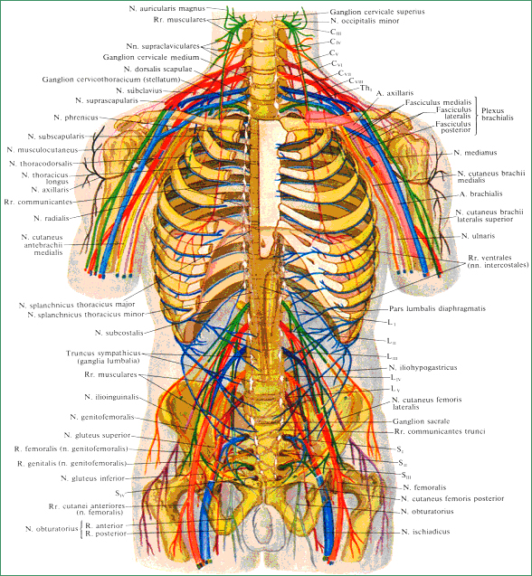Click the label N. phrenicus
pyautogui.click(x=76, y=118)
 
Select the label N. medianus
pyautogui.click(x=475, y=153)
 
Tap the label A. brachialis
pyautogui.click(x=481, y=194)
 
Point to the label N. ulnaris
pyautogui.click(x=478, y=236)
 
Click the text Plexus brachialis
pyautogui.click(x=497, y=114)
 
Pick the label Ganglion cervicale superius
pyautogui.click(x=377, y=12)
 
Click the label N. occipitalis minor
pyautogui.click(x=365, y=21)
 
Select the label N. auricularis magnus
pyautogui.click(x=166, y=8)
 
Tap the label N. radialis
pyautogui.click(x=52, y=218)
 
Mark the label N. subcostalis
pyautogui.click(x=119, y=333)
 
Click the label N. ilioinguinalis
pyautogui.click(x=111, y=397)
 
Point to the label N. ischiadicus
pyautogui.click(x=425, y=532)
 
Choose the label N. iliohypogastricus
pyautogui.click(x=423, y=367)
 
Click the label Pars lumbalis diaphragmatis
pyautogui.click(x=437, y=308)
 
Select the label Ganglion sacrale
pyautogui.click(x=421, y=421)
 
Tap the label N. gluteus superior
pyautogui.click(x=97, y=435)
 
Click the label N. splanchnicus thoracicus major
pyautogui.click(x=77, y=305)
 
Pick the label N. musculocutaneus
pyautogui.click(x=43, y=150)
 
